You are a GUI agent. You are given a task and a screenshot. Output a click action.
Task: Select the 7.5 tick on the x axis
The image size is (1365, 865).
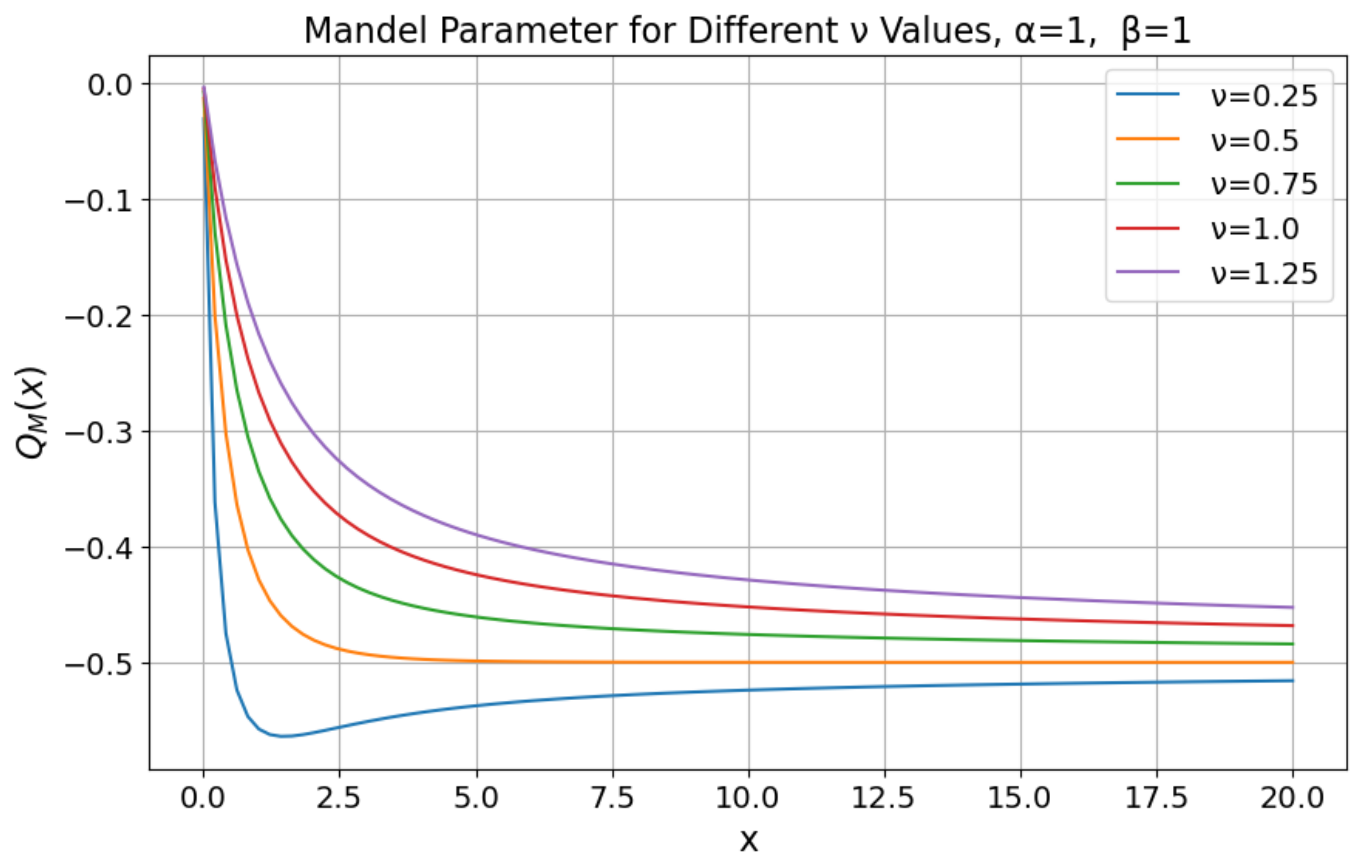(612, 799)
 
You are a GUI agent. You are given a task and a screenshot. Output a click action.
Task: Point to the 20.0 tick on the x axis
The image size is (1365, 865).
(1292, 799)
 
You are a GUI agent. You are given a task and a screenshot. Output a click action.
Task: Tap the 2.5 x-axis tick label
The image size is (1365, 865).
(338, 799)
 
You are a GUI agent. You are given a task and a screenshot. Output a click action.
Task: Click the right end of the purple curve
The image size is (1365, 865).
(1292, 608)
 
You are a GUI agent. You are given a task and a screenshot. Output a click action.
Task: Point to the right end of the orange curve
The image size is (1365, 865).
(1292, 662)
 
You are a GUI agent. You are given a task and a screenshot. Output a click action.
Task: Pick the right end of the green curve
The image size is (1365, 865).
(1292, 644)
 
